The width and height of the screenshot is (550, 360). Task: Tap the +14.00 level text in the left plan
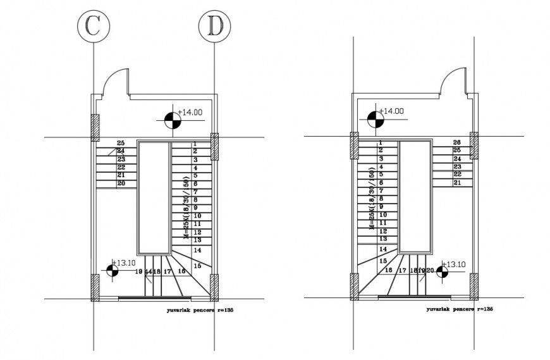(190, 112)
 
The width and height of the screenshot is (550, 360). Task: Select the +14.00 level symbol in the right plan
(374, 118)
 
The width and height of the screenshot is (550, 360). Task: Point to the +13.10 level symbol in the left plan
(113, 270)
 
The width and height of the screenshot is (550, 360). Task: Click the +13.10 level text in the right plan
(454, 264)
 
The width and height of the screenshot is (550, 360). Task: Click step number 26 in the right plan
(458, 142)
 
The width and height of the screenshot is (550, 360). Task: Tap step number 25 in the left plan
(121, 142)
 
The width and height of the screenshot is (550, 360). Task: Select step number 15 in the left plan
(197, 266)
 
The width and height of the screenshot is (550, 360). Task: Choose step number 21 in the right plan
(458, 182)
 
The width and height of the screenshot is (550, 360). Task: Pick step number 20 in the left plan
(121, 183)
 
